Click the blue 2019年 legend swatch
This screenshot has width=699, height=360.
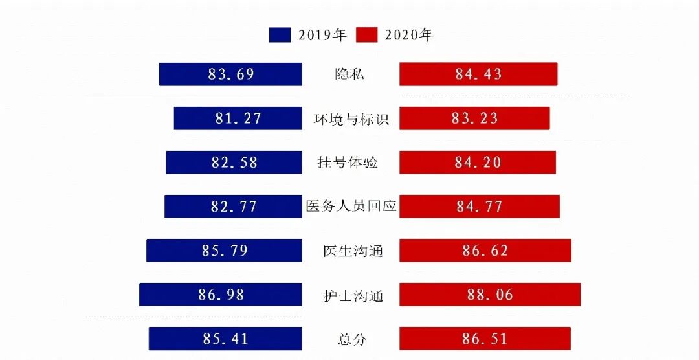(280, 35)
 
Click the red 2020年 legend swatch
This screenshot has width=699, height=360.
(367, 35)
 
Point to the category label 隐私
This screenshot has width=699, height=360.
(350, 74)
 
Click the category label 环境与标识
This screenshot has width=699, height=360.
(350, 119)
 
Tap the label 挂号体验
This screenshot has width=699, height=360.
(350, 163)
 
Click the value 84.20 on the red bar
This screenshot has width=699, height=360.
(478, 163)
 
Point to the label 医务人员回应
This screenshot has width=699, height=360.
(350, 207)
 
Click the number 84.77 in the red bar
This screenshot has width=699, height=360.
(479, 207)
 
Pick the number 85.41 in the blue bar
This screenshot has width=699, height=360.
(225, 339)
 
